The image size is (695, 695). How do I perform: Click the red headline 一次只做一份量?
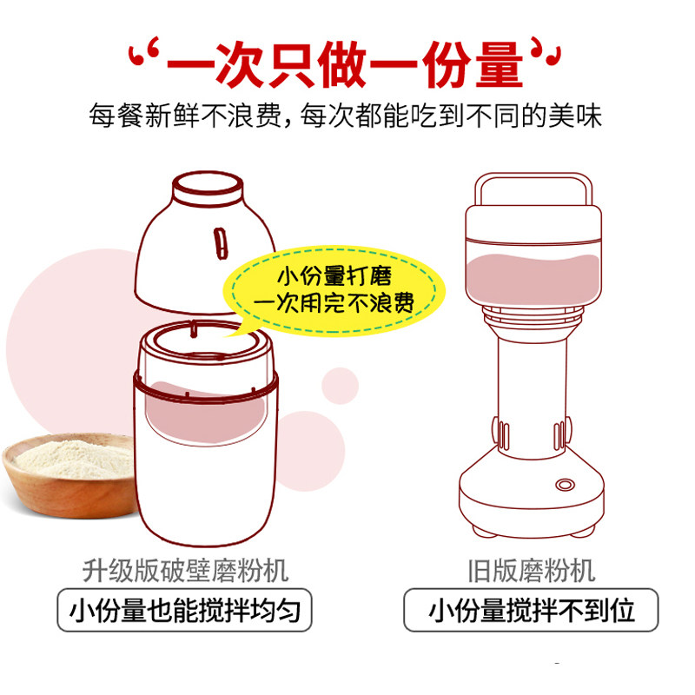[345, 65]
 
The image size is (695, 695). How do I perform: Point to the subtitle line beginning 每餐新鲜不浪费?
[345, 116]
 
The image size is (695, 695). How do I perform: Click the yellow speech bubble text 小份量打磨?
[334, 276]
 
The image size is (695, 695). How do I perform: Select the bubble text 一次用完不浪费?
[334, 302]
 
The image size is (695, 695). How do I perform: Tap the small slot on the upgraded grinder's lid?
[221, 243]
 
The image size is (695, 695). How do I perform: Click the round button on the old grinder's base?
[566, 485]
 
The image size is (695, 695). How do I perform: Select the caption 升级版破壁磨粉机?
[186, 571]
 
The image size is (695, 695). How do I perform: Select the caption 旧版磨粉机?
[532, 571]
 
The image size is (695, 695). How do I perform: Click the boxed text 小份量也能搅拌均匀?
[185, 610]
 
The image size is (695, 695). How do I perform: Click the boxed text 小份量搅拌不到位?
[532, 610]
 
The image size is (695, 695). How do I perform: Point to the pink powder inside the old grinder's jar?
[533, 279]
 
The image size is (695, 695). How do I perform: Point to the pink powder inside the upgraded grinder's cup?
[206, 414]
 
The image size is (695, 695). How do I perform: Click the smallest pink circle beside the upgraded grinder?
[340, 386]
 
